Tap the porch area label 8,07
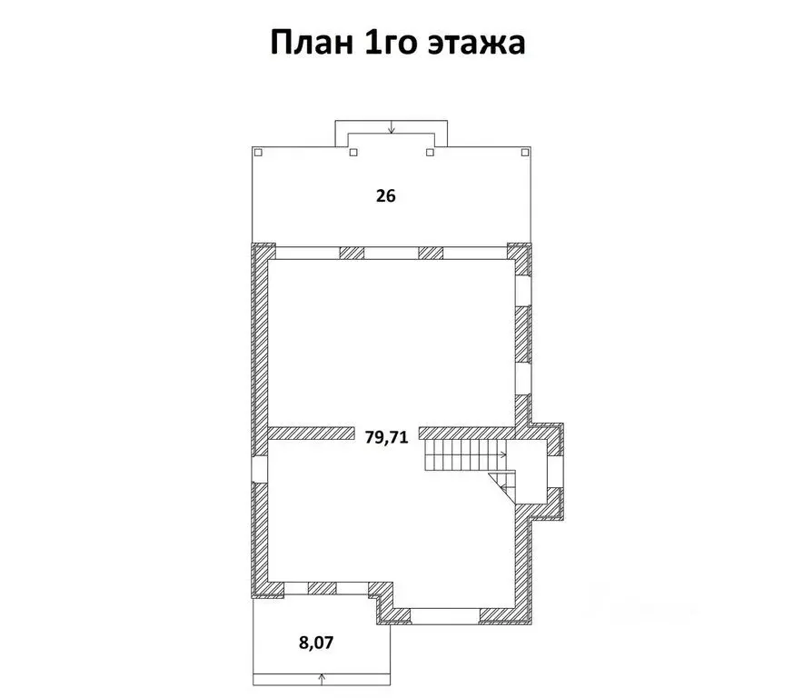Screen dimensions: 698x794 pos(316,643)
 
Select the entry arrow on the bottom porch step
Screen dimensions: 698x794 pos(323,676)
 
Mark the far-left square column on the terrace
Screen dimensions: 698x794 pos(257,152)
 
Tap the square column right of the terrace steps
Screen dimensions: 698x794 pos(430,152)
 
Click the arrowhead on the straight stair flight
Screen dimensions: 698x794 pos(502,453)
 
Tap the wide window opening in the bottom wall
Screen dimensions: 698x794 pos(445,615)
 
